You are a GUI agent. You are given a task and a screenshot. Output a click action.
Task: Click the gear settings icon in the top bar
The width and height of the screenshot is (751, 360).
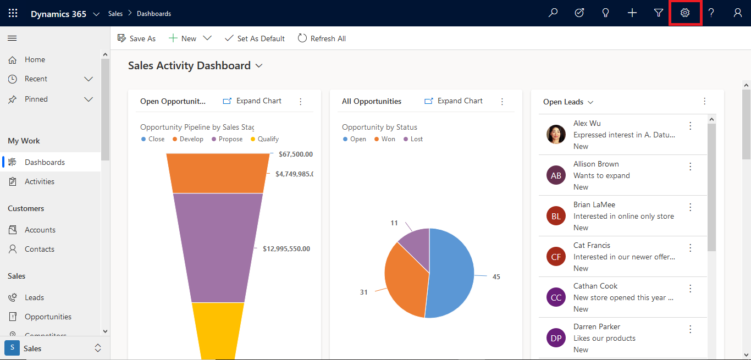pyautogui.click(x=684, y=13)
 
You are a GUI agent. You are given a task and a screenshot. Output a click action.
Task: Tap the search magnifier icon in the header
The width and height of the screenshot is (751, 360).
pyautogui.click(x=553, y=13)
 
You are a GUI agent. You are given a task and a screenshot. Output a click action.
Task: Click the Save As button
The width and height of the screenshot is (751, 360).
pyautogui.click(x=137, y=38)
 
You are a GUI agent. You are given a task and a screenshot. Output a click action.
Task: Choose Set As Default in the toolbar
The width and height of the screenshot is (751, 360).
pyautogui.click(x=255, y=38)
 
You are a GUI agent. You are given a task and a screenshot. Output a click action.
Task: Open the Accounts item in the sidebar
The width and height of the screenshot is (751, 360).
pyautogui.click(x=40, y=230)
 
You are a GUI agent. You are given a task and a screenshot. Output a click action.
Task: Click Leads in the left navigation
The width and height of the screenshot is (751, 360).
pyautogui.click(x=34, y=297)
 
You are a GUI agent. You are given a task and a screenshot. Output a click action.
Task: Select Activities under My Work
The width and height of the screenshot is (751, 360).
pyautogui.click(x=39, y=181)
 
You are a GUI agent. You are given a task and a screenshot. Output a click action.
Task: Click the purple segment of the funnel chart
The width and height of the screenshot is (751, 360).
pyautogui.click(x=218, y=247)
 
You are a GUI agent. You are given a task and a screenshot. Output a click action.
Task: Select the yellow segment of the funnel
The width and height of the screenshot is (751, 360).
pyautogui.click(x=218, y=330)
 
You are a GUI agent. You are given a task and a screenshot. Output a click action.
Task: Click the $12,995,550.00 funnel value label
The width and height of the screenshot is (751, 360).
pyautogui.click(x=286, y=249)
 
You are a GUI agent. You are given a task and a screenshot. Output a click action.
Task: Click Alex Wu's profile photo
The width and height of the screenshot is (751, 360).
pyautogui.click(x=556, y=135)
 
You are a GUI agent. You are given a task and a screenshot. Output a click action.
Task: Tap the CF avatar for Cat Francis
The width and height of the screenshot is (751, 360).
pyautogui.click(x=556, y=257)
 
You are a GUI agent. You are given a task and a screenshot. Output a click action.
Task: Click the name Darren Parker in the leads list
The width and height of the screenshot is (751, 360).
pyautogui.click(x=597, y=326)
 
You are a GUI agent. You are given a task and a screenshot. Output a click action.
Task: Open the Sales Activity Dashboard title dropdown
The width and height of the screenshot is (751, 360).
pyautogui.click(x=259, y=66)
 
